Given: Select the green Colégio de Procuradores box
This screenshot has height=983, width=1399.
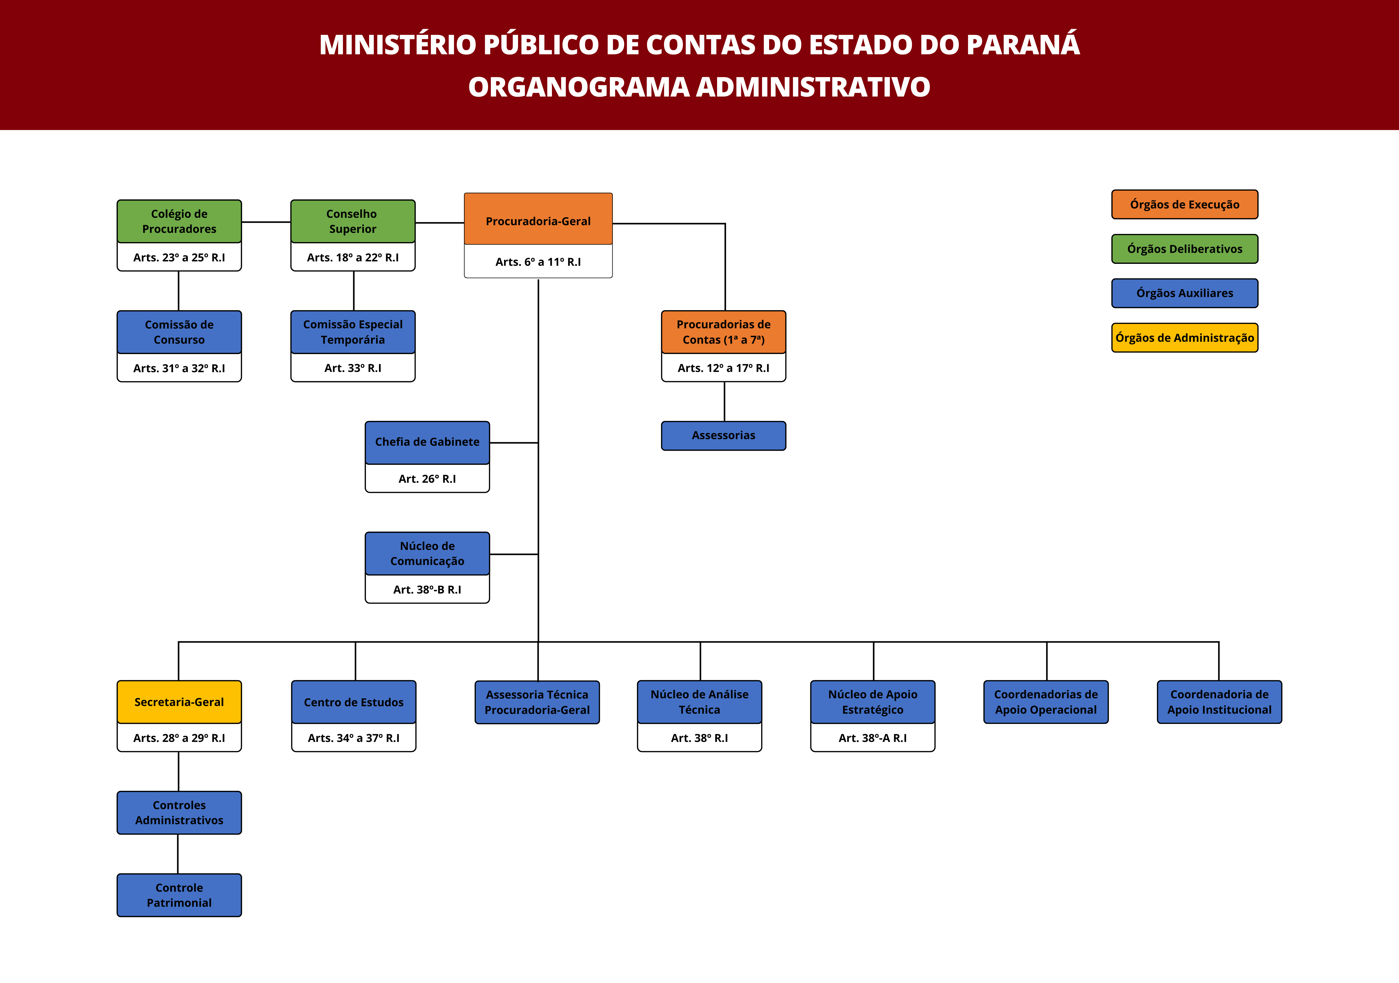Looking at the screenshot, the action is click(179, 221).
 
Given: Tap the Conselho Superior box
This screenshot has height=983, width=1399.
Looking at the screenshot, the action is click(353, 221).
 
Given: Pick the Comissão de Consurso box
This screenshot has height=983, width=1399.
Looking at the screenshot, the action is click(179, 332).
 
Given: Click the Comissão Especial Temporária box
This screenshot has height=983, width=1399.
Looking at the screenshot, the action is click(353, 332).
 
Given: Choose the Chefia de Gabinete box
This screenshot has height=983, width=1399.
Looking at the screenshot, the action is click(427, 442).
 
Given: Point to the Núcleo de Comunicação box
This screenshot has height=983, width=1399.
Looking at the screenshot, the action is click(427, 553).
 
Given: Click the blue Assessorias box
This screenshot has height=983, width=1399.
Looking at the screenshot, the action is click(724, 436).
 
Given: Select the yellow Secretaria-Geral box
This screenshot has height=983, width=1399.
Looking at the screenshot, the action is click(179, 702).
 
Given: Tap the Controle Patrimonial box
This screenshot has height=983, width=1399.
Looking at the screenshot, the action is click(179, 895).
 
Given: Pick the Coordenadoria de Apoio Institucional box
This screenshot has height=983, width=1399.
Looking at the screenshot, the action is click(1219, 702).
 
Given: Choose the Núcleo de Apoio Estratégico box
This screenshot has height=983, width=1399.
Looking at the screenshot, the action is click(873, 702).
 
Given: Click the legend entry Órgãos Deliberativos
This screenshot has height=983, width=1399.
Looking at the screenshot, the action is click(1185, 249).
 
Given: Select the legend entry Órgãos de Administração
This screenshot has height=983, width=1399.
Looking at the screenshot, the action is click(1185, 338).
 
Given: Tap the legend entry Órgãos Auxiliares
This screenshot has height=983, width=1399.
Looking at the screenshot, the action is click(1185, 293).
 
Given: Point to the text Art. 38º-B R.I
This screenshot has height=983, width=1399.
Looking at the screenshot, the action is click(427, 589).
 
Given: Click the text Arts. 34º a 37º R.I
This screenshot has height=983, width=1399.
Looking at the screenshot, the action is click(353, 738).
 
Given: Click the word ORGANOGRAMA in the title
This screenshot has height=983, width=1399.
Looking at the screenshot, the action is click(579, 87).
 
